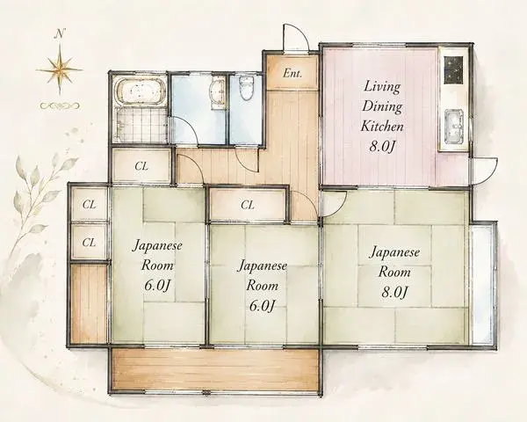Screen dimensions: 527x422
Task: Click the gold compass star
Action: (x=60, y=70)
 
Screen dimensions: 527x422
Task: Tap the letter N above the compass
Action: (x=60, y=33)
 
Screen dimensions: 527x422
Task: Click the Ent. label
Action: (x=292, y=73)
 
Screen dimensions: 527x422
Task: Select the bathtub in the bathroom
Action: (x=141, y=91)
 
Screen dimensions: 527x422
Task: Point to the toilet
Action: (x=247, y=88)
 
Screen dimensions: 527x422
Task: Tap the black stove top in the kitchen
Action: (x=454, y=70)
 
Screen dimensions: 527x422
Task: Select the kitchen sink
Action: (x=454, y=127)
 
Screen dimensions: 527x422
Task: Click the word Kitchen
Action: (x=382, y=127)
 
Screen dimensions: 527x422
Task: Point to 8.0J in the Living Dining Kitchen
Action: (x=381, y=147)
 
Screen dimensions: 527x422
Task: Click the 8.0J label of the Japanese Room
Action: (x=394, y=292)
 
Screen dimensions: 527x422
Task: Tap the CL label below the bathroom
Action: (x=141, y=166)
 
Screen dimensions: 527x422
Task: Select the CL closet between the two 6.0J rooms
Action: (x=248, y=205)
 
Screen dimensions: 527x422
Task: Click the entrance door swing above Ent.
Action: (x=296, y=38)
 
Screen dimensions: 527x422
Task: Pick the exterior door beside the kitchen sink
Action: (x=484, y=171)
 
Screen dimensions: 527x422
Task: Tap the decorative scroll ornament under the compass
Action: (x=60, y=105)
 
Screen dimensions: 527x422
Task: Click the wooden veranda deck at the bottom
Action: (x=215, y=369)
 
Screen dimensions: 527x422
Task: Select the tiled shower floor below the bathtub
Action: (x=141, y=125)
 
